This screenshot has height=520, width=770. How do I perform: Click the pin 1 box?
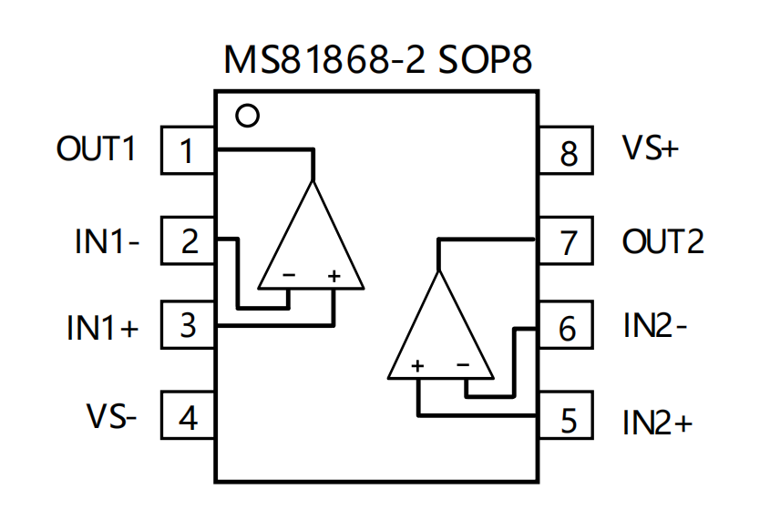click(188, 149)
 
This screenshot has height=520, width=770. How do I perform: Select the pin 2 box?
click(188, 241)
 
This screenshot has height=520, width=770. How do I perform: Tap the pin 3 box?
click(188, 325)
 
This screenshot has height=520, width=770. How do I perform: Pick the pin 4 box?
click(188, 417)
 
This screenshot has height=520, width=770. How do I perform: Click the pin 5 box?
click(567, 420)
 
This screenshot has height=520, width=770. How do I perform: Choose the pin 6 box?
click(567, 328)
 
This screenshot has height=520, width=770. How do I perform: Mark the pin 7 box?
click(567, 242)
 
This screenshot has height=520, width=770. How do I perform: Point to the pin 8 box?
click(567, 152)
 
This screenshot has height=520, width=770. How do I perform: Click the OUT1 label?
click(96, 148)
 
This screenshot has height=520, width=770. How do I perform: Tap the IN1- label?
click(107, 242)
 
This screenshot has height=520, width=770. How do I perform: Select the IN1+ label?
click(102, 328)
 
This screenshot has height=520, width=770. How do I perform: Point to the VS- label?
click(111, 417)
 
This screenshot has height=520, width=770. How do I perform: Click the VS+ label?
click(651, 148)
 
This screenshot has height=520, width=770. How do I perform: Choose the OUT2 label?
click(662, 242)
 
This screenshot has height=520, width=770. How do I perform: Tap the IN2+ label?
click(658, 422)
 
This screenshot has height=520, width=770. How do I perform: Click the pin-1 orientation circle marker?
click(247, 116)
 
